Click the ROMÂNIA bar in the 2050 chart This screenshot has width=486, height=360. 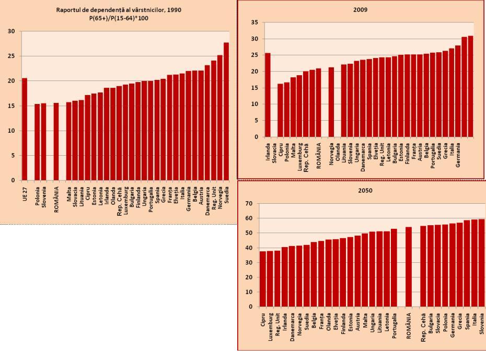tap(409, 266)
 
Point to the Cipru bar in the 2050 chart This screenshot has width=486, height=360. tap(263, 278)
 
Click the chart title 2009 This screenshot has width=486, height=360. tap(361, 9)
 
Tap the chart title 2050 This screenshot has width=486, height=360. tap(366, 191)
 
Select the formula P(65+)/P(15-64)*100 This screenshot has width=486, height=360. tap(119, 18)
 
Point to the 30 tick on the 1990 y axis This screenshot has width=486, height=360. tap(11, 31)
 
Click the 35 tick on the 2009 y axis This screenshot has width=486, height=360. tap(254, 22)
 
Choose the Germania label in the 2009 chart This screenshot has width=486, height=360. tap(458, 155)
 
